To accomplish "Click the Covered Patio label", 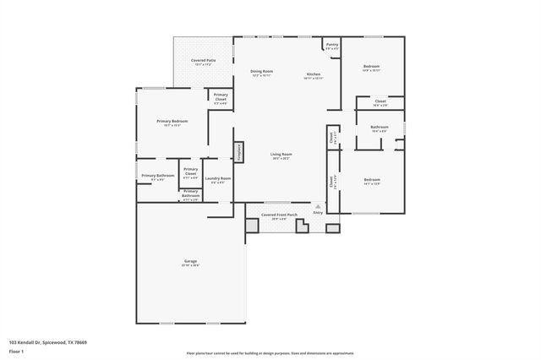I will click(203, 61).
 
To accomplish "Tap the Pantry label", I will click(331, 46).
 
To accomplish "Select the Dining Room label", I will click(262, 72).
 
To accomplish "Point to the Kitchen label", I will click(313, 75).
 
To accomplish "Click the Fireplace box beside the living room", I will click(239, 152).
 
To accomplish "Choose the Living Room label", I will click(281, 155).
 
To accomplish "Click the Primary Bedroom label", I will click(172, 122).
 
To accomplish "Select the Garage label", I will click(191, 261).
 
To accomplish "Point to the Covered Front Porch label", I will click(279, 215).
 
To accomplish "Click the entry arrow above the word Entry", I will click(318, 206).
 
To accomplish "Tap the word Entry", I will click(318, 213).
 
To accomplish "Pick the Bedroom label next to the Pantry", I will click(372, 66).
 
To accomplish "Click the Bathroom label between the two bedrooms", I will click(378, 128).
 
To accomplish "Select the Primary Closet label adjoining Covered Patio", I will click(220, 96).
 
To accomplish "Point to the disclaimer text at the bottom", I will click(270, 353).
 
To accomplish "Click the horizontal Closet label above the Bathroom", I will click(380, 101).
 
